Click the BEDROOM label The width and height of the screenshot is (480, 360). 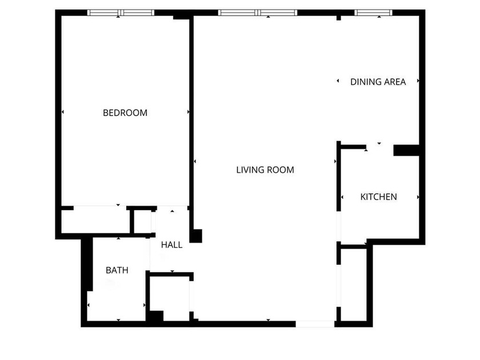coord(125,113)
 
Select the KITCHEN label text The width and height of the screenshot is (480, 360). coord(378,197)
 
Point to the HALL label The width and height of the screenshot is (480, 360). coord(171,245)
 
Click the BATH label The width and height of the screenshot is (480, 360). coord(117,270)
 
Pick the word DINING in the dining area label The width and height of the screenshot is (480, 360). coord(366,82)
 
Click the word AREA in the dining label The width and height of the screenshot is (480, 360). coord(395,82)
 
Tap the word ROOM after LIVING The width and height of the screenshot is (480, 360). coord(282,170)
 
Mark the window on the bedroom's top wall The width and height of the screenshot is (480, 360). coord(121,13)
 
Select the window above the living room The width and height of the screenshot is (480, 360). coord(258,13)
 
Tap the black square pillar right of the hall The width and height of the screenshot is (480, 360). coord(196,235)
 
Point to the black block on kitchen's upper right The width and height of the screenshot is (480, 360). coord(406,150)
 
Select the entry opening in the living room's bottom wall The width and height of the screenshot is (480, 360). coord(314,324)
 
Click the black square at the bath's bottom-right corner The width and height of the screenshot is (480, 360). coord(155,315)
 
